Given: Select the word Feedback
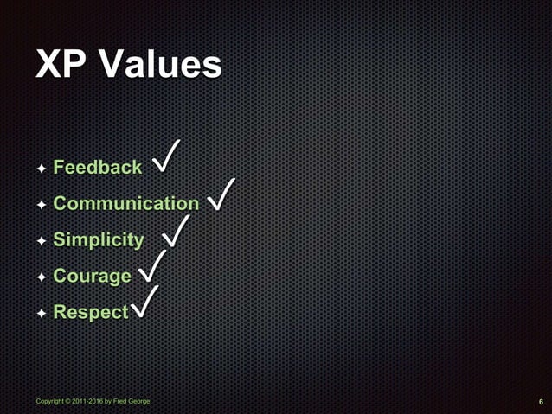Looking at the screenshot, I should [x=97, y=168].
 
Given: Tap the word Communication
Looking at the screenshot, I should [x=125, y=204].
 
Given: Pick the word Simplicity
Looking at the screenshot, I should [x=98, y=240].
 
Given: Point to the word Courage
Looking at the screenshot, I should [x=92, y=277].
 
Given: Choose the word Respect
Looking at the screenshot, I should [x=90, y=312].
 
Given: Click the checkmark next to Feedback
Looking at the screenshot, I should [x=166, y=158].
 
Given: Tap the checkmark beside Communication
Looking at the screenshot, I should [x=222, y=195].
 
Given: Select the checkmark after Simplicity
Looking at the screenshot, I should [x=176, y=231].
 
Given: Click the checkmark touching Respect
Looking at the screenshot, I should [x=144, y=303].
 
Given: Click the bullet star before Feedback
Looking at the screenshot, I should [x=41, y=169].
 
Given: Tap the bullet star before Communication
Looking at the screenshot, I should [x=41, y=205].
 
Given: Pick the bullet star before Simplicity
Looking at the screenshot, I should [x=41, y=241].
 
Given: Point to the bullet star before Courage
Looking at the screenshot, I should [x=41, y=277].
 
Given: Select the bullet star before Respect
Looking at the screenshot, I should [x=41, y=313].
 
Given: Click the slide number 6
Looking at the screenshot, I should [x=540, y=402].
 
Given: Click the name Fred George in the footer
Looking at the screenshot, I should [x=132, y=402].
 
